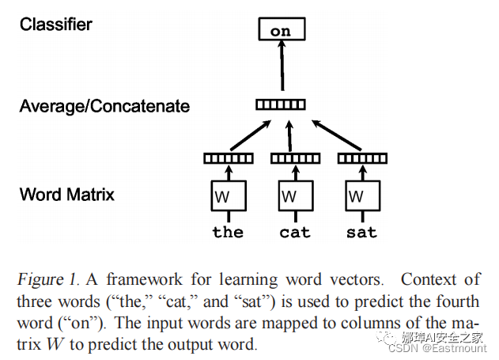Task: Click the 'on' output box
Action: (281, 31)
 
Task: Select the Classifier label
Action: (56, 25)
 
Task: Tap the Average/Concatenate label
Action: (104, 106)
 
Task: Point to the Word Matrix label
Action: (67, 194)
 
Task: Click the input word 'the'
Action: (228, 233)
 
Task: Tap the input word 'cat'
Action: (295, 233)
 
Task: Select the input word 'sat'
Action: (362, 233)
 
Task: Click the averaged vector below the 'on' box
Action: (281, 104)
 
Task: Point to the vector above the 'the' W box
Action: (229, 158)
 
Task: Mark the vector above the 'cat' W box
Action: (295, 158)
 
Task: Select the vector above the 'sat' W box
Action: (362, 158)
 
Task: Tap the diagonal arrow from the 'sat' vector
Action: (333, 135)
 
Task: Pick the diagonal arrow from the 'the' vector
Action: (248, 135)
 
